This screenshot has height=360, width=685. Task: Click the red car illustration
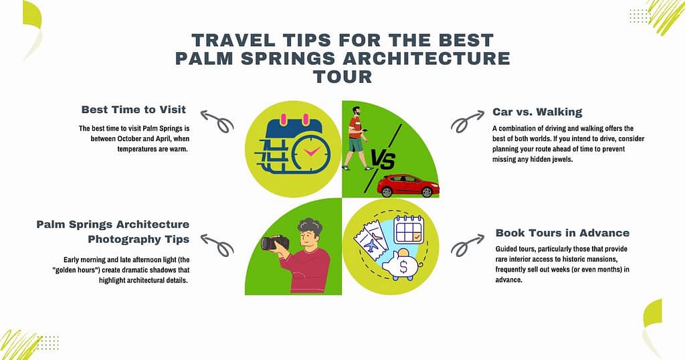408,185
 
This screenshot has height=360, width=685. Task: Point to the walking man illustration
356,137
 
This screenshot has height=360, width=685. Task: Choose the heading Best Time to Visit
134,110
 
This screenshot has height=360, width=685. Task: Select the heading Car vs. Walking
537,112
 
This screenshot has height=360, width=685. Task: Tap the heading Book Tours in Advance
563,233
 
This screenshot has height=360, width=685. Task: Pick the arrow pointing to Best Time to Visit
217,120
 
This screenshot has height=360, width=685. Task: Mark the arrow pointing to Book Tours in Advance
468,244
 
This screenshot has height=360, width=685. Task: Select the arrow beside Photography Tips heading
217,245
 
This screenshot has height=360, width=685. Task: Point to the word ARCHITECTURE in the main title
423,58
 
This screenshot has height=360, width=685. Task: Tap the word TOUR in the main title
342,76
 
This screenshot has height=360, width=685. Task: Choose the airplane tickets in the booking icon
370,242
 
